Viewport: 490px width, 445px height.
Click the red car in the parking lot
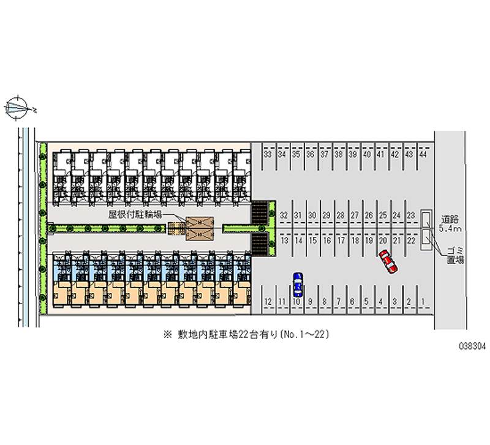[x=388, y=261]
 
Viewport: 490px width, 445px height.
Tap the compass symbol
[x=19, y=108]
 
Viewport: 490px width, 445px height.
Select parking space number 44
[x=423, y=155]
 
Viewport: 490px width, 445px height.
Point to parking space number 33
[x=268, y=155]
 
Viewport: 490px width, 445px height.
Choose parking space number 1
[x=423, y=301]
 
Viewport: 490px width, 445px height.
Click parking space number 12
[x=268, y=301]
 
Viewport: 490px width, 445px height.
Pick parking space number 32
[x=284, y=215]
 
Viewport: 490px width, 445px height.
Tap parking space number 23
[x=411, y=215]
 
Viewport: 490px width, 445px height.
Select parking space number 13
[x=284, y=241]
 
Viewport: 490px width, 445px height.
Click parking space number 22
[x=411, y=241]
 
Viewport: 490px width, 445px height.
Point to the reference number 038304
[x=472, y=346]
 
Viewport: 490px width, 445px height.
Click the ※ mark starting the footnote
[x=166, y=335]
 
